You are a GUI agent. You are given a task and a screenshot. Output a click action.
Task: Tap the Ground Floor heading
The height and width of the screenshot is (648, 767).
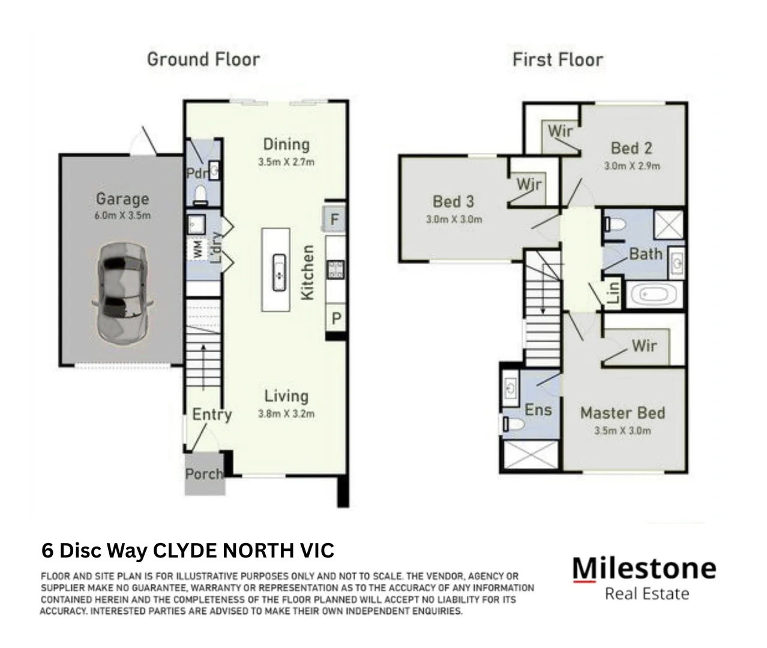tap(203, 59)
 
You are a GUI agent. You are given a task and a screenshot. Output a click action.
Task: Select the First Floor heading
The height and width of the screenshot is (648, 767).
tap(558, 59)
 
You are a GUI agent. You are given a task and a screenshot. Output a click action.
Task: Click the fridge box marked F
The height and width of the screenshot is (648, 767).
tap(335, 220)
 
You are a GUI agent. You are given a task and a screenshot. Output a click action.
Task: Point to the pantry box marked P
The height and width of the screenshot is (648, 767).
tap(335, 319)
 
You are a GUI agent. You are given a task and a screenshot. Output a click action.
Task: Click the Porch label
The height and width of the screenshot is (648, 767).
tap(204, 474)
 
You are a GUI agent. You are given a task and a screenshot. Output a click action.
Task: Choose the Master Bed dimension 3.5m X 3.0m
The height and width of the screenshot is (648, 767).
tap(622, 430)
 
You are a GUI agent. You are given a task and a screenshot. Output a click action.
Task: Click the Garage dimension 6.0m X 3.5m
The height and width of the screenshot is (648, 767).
tap(122, 215)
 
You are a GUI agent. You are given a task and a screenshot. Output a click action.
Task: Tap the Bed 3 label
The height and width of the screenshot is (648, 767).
tap(453, 202)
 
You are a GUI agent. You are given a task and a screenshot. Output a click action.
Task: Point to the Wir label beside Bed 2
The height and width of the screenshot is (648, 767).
tap(559, 131)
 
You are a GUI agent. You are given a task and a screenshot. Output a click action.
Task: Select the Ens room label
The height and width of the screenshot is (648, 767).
tap(538, 410)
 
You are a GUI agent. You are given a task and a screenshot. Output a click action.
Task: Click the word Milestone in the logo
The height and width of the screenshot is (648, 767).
tap(644, 568)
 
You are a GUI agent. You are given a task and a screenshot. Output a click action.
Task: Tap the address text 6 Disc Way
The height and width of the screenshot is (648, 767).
tap(95, 550)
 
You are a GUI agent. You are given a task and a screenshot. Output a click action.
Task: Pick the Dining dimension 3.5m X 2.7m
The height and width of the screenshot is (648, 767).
tap(286, 161)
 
